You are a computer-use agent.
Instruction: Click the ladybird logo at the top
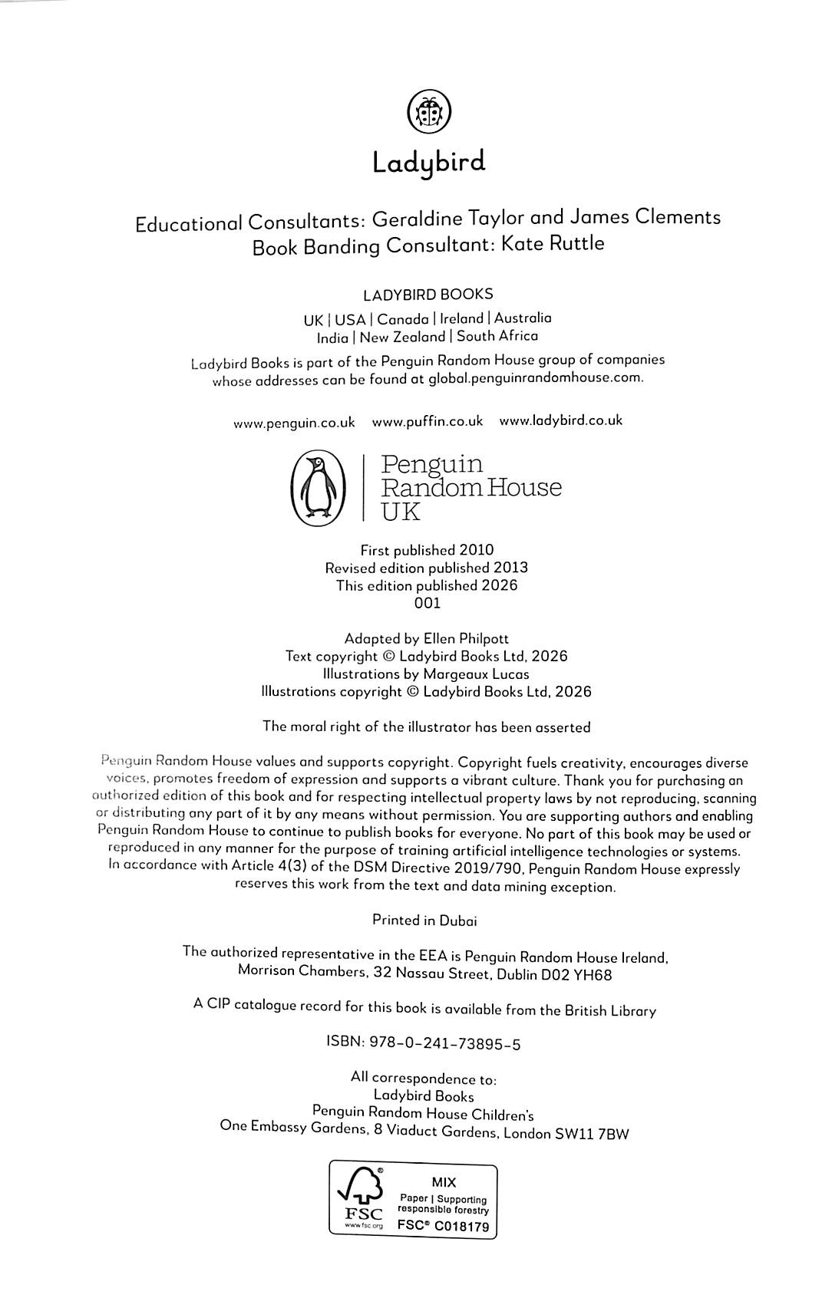tap(428, 113)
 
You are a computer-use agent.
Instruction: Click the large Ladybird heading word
tap(428, 163)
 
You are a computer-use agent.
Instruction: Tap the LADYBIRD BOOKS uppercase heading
tap(428, 295)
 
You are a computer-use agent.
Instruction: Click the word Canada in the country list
tap(402, 319)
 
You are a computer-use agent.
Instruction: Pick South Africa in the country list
tap(497, 336)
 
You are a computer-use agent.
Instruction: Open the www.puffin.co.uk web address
tap(428, 421)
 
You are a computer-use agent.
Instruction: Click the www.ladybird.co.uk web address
tap(560, 420)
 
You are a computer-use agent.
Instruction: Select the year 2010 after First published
tap(476, 550)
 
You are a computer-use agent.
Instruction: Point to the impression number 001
tap(428, 603)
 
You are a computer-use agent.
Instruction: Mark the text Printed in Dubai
tap(424, 920)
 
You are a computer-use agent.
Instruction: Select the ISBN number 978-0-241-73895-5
tap(445, 1043)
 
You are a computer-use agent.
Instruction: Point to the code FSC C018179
tap(443, 1226)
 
